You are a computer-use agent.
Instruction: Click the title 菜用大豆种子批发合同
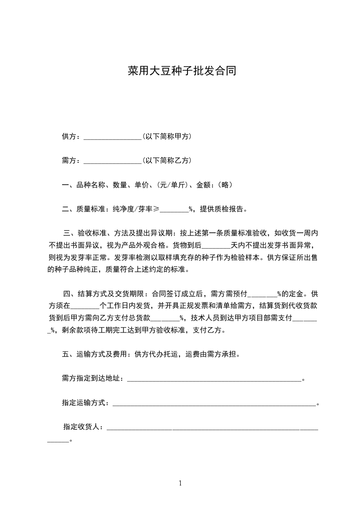pyautogui.click(x=182, y=72)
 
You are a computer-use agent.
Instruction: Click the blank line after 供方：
pyautogui.click(x=113, y=137)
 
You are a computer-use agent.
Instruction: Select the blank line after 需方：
pyautogui.click(x=113, y=161)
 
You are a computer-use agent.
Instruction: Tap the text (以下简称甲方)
pyautogui.click(x=166, y=137)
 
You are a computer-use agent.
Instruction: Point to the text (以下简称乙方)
pyautogui.click(x=166, y=161)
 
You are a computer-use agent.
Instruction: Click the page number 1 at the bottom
pyautogui.click(x=180, y=483)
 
